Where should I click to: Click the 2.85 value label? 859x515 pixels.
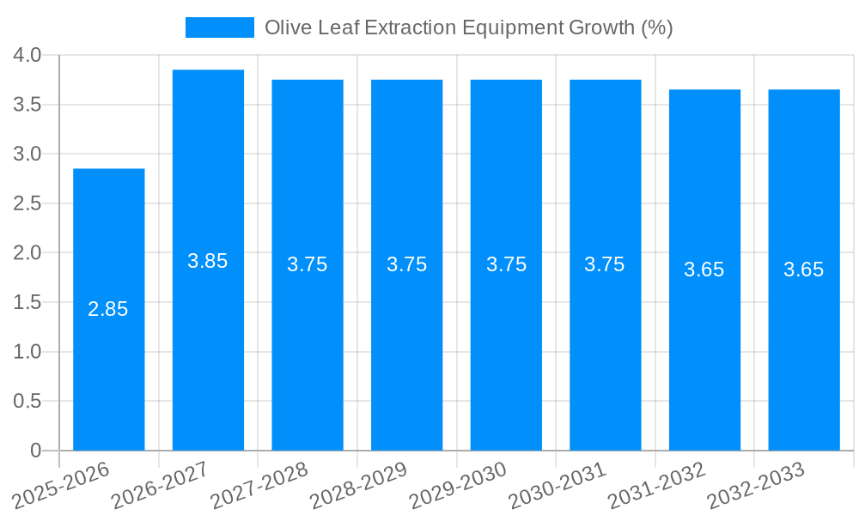[x=108, y=310]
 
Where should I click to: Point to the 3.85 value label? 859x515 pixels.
[x=208, y=261]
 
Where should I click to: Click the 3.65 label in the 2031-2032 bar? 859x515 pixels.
[x=704, y=270]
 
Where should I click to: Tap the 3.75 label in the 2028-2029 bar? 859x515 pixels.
[x=406, y=264]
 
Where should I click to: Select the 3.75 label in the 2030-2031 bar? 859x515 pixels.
[x=605, y=264]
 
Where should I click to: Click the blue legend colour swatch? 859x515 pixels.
[x=220, y=27]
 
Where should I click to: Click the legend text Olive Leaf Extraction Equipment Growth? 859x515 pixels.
[x=468, y=27]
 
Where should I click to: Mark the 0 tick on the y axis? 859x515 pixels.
[x=35, y=451]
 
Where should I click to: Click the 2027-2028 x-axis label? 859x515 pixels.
[x=259, y=485]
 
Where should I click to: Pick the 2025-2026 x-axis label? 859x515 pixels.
[x=62, y=485]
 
